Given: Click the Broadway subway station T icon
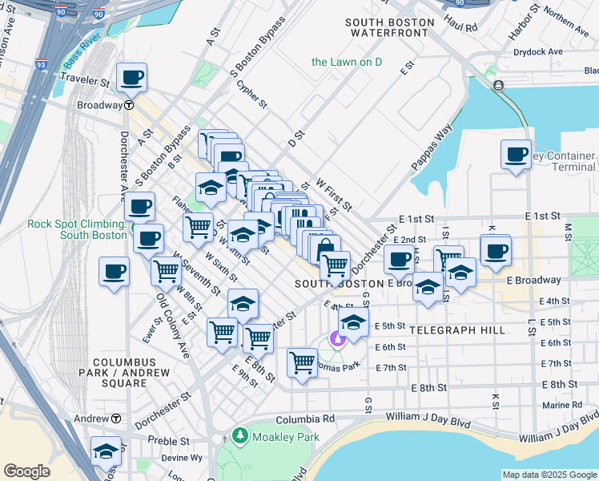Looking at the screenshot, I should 129,105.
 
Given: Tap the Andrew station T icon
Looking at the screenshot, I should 116,418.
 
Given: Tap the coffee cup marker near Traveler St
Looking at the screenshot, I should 131,78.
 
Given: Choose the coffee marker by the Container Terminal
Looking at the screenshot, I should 516,154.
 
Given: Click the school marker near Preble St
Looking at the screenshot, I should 106,451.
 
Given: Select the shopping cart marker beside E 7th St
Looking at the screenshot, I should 302,362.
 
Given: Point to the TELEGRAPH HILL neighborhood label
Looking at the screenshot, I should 456,330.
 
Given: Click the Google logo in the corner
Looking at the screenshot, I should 26,471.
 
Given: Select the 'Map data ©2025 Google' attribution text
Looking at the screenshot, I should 549,475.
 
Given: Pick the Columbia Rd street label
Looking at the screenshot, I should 305,419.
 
